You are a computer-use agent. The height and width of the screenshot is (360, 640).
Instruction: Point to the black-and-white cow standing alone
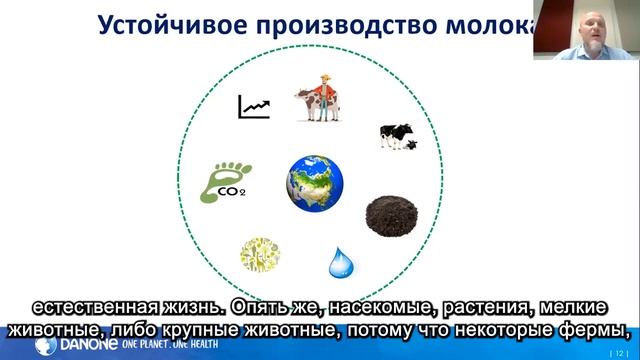(x=396, y=136)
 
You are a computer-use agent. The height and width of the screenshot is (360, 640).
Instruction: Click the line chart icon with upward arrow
(x=253, y=106)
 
